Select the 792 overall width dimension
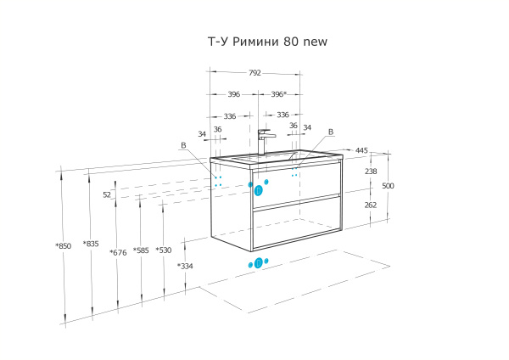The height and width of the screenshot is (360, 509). pos(255,74)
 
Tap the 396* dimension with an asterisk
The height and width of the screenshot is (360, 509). pos(278,94)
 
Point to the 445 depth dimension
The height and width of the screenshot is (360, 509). pos(361,150)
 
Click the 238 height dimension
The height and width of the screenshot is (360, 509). pos(371,172)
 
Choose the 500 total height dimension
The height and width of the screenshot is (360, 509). pos(388,186)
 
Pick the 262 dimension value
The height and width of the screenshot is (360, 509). pos(371,205)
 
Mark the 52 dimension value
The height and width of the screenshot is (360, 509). pos(107,194)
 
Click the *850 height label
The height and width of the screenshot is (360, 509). pos(63,245)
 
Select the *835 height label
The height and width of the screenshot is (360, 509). pos(91,244)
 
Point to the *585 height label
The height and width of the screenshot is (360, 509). pos(141,250)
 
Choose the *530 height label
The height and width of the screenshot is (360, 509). pos(163,250)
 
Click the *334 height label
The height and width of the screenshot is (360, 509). pos(184,267)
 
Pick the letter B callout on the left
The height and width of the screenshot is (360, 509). pos(183,145)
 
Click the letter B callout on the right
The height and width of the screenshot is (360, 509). pos(331,132)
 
